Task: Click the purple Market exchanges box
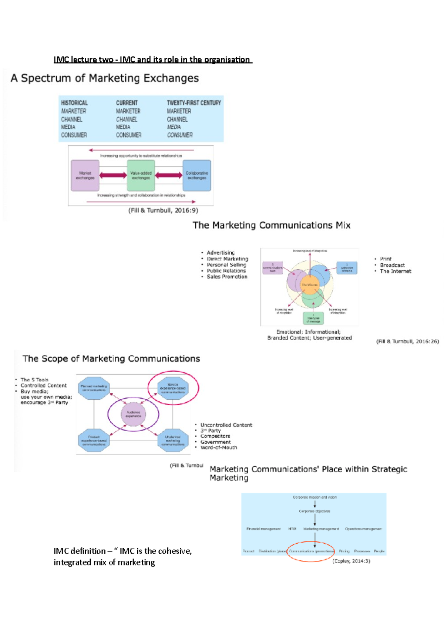(x=85, y=175)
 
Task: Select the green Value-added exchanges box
(x=141, y=175)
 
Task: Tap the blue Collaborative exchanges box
(x=197, y=175)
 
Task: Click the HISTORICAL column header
(x=74, y=103)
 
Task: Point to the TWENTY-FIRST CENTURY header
(x=194, y=103)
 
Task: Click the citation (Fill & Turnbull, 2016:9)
(x=163, y=210)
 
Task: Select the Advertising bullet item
(x=221, y=253)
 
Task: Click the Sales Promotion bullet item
(x=227, y=277)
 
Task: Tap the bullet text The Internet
(x=396, y=271)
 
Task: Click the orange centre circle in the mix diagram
(x=310, y=285)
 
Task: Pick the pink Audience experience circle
(x=134, y=414)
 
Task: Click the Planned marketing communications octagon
(x=94, y=388)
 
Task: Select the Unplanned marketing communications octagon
(x=173, y=440)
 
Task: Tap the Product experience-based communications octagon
(x=94, y=440)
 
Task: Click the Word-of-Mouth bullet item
(x=219, y=448)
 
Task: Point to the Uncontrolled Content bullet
(x=226, y=425)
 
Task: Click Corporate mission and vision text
(x=314, y=497)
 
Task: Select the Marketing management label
(x=321, y=529)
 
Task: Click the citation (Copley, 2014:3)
(x=351, y=561)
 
